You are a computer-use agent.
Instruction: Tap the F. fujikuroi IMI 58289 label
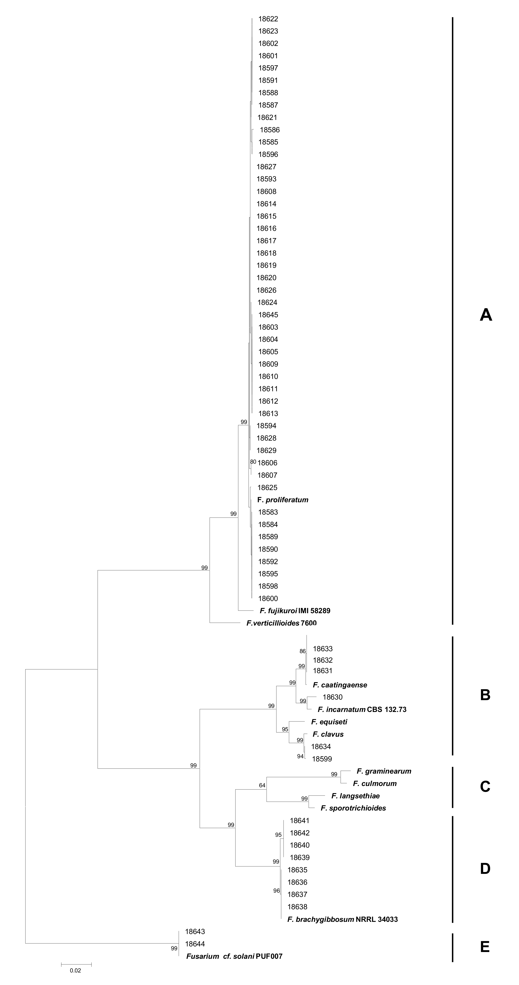(295, 611)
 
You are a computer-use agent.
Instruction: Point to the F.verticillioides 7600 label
(281, 623)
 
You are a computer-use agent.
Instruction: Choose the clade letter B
(485, 695)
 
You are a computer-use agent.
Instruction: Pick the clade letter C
(485, 787)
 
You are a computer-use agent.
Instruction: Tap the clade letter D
(485, 869)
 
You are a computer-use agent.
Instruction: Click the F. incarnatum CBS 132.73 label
(362, 709)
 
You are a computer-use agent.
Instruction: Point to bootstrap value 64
(262, 785)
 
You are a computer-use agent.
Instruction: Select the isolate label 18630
(332, 697)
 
